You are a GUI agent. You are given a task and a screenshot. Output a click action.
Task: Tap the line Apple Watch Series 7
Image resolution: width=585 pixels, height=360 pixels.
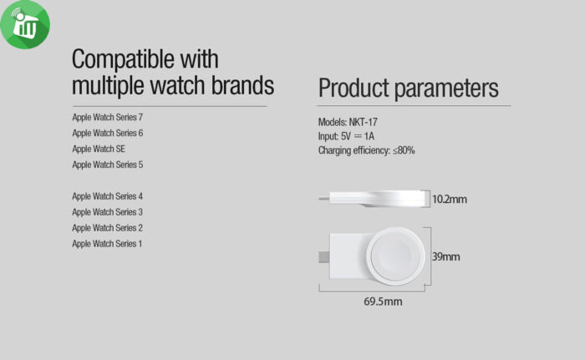coord(107,117)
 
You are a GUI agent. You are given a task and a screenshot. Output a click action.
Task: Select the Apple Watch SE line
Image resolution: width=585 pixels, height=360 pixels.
coord(99,149)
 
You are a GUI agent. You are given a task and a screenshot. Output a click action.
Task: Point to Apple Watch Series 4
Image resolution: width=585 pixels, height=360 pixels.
coord(107,196)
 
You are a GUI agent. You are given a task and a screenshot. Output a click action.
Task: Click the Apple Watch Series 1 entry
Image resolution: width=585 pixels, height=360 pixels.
coord(107,244)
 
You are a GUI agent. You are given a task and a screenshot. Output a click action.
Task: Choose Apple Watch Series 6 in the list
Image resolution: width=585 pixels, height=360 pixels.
coord(107,133)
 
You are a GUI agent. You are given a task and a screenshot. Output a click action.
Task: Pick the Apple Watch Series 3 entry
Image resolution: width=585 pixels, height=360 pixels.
coord(107,212)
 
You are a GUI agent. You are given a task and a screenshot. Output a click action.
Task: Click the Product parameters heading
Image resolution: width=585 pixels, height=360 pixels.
coord(408,89)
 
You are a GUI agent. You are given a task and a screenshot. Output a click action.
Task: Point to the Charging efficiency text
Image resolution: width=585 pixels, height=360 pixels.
coord(366,150)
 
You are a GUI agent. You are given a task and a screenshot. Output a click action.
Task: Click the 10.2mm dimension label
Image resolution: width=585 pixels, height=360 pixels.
coord(450,199)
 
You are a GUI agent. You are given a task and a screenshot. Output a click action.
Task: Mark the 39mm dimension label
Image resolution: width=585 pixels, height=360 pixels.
coord(445,256)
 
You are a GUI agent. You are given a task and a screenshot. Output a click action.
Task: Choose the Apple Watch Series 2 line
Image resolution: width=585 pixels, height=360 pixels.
coord(107,228)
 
